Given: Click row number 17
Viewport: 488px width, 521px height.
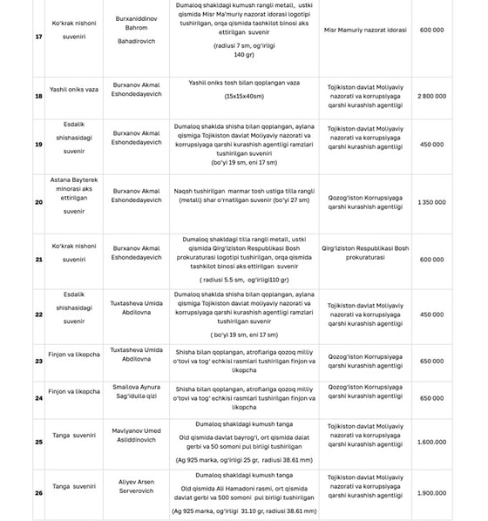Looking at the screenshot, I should click(x=38, y=36).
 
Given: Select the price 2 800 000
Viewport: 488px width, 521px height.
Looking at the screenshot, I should click(x=431, y=95).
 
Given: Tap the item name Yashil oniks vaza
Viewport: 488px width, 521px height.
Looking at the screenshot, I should click(x=74, y=89).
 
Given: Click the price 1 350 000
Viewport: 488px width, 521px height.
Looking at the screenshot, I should click(x=431, y=202).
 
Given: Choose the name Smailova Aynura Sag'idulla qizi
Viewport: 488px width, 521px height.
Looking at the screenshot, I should click(x=138, y=391).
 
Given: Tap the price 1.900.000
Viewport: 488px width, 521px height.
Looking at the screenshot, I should click(x=431, y=492).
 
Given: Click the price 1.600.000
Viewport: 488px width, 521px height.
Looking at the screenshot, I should click(x=431, y=442).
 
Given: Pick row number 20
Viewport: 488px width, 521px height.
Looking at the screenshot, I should click(x=38, y=202).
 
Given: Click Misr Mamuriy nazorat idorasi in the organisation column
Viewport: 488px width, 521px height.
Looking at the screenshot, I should click(x=365, y=30).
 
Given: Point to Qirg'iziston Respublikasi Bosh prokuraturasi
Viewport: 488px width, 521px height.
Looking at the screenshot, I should click(x=365, y=253).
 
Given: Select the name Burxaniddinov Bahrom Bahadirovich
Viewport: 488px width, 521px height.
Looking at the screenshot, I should click(x=138, y=30).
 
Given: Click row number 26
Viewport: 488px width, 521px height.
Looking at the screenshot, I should click(x=38, y=493).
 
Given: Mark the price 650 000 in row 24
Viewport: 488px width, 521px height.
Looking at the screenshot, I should click(x=431, y=398).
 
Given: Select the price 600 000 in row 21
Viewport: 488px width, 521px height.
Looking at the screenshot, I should click(x=431, y=259).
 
